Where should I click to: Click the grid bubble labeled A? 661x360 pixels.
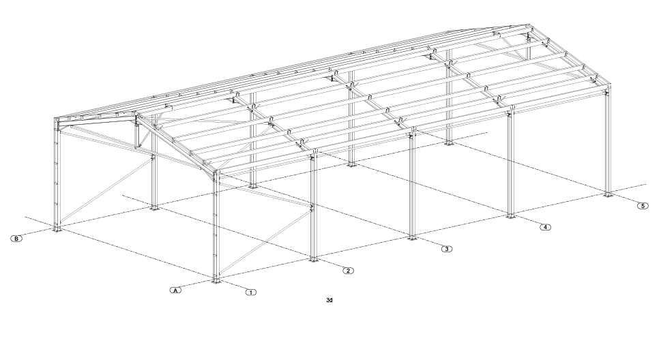[176, 290]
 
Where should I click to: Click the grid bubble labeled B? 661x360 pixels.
[16, 239]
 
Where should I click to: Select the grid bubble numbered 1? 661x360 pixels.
[251, 292]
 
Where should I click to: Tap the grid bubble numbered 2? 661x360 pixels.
[348, 271]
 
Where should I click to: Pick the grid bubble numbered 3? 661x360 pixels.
[446, 249]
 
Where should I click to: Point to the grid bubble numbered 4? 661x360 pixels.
[546, 227]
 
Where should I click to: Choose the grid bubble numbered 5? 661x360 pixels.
[643, 206]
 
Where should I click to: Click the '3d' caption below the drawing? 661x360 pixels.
[329, 300]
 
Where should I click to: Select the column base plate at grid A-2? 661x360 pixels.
[312, 259]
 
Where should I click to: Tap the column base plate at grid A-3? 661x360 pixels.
[412, 238]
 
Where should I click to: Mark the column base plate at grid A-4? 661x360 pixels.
[510, 216]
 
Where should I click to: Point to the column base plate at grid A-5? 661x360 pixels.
[608, 195]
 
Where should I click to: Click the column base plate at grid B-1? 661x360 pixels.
[57, 229]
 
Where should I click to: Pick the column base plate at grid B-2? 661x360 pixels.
[154, 207]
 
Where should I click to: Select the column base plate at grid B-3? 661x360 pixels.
[252, 185]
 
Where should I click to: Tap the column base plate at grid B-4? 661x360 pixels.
[351, 164]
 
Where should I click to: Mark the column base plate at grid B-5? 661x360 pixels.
[449, 143]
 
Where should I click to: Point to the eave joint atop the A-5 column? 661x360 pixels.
[607, 90]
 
